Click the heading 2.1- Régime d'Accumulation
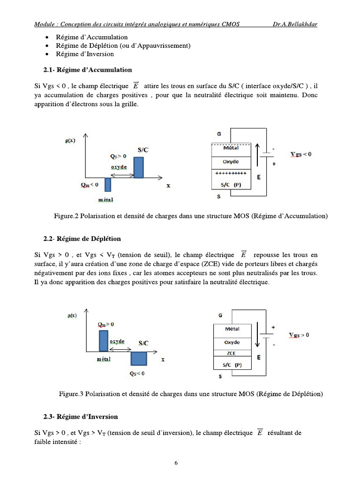tap(88, 70)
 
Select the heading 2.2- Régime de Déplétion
tap(82, 239)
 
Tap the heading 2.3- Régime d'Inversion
tap(81, 417)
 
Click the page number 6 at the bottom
tap(176, 463)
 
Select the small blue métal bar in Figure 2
tap(108, 185)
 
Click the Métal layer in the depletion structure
tap(232, 329)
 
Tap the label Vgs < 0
tap(300, 154)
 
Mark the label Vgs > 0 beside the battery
tap(299, 335)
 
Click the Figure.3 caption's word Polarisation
tap(101, 394)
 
